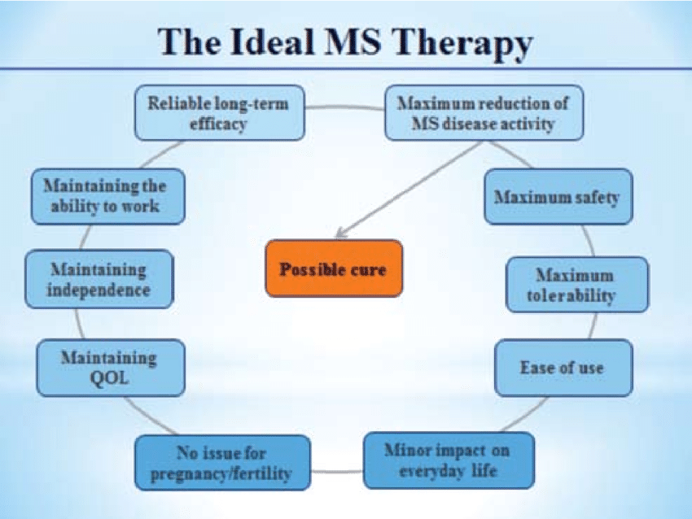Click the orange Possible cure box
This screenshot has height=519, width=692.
(x=333, y=268)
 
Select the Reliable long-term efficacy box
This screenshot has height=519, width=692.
(x=218, y=114)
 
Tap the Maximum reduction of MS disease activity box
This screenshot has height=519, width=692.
(x=483, y=114)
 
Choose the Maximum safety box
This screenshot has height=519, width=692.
(x=557, y=198)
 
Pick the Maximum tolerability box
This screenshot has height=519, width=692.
(x=576, y=285)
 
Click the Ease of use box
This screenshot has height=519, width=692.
(x=562, y=368)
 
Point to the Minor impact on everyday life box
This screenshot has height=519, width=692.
(x=449, y=460)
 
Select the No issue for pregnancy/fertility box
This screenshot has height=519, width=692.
(x=221, y=462)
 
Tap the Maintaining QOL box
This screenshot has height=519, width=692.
(x=108, y=368)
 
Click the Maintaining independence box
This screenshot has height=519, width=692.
(x=99, y=279)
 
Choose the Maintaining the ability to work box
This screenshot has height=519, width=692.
(x=107, y=196)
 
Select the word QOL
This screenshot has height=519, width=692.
(x=108, y=377)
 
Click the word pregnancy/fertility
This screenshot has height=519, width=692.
(x=221, y=473)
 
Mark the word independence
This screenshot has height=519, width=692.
(x=99, y=290)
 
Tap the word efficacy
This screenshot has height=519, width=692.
(x=218, y=124)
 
